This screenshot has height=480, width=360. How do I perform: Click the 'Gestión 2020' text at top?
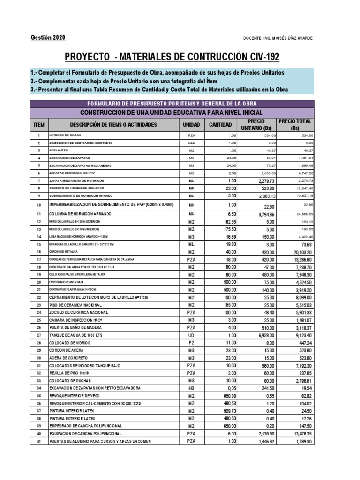pos(48,37)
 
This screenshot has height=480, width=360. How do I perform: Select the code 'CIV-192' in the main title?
pos(262,58)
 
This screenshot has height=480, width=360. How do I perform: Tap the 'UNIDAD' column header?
pos(191,125)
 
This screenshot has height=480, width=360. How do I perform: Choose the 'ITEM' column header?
pos(39,125)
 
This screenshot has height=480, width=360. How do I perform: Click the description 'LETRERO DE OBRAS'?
pos(69,135)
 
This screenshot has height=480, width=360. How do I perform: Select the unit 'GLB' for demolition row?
pos(191,142)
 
